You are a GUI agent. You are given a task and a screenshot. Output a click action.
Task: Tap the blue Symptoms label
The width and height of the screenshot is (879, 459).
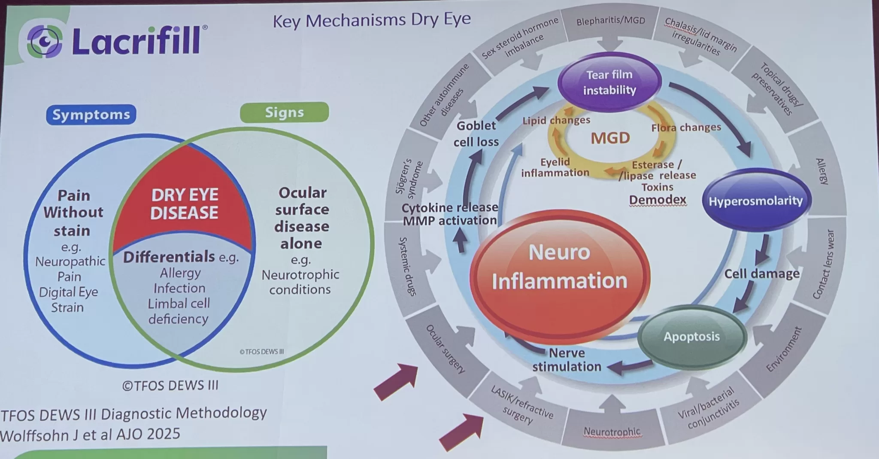(x=91, y=115)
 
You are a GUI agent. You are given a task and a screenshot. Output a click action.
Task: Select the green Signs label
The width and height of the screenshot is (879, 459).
(x=284, y=112)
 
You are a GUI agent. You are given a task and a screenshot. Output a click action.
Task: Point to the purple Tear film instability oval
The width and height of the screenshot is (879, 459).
(x=609, y=82)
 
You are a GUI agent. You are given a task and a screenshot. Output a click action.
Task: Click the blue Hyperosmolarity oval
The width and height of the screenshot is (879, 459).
(x=755, y=201)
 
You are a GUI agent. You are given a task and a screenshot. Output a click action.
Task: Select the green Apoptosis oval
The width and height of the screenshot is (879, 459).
(x=691, y=337)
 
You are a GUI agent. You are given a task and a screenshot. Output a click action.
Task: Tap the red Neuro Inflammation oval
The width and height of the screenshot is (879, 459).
(x=559, y=266)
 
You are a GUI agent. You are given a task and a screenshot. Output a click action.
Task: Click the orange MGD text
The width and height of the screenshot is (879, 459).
(x=610, y=138)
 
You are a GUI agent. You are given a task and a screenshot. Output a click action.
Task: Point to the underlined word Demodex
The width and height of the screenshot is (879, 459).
(x=658, y=200)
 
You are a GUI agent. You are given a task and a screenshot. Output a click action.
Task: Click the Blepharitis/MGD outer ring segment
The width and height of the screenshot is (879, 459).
(x=610, y=21)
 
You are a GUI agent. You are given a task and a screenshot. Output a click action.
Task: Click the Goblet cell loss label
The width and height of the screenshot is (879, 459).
(x=476, y=134)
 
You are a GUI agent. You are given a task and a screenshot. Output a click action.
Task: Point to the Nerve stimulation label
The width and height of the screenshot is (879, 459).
(x=567, y=360)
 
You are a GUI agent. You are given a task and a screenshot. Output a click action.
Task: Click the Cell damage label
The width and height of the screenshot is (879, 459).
(x=762, y=274)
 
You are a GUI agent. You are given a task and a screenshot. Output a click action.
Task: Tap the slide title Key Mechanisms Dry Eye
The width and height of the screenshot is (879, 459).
(x=372, y=20)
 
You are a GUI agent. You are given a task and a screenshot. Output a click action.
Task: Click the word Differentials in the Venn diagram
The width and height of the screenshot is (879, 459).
(x=169, y=257)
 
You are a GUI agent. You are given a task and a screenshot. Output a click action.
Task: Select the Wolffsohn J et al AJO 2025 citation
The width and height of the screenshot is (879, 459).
(x=90, y=434)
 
